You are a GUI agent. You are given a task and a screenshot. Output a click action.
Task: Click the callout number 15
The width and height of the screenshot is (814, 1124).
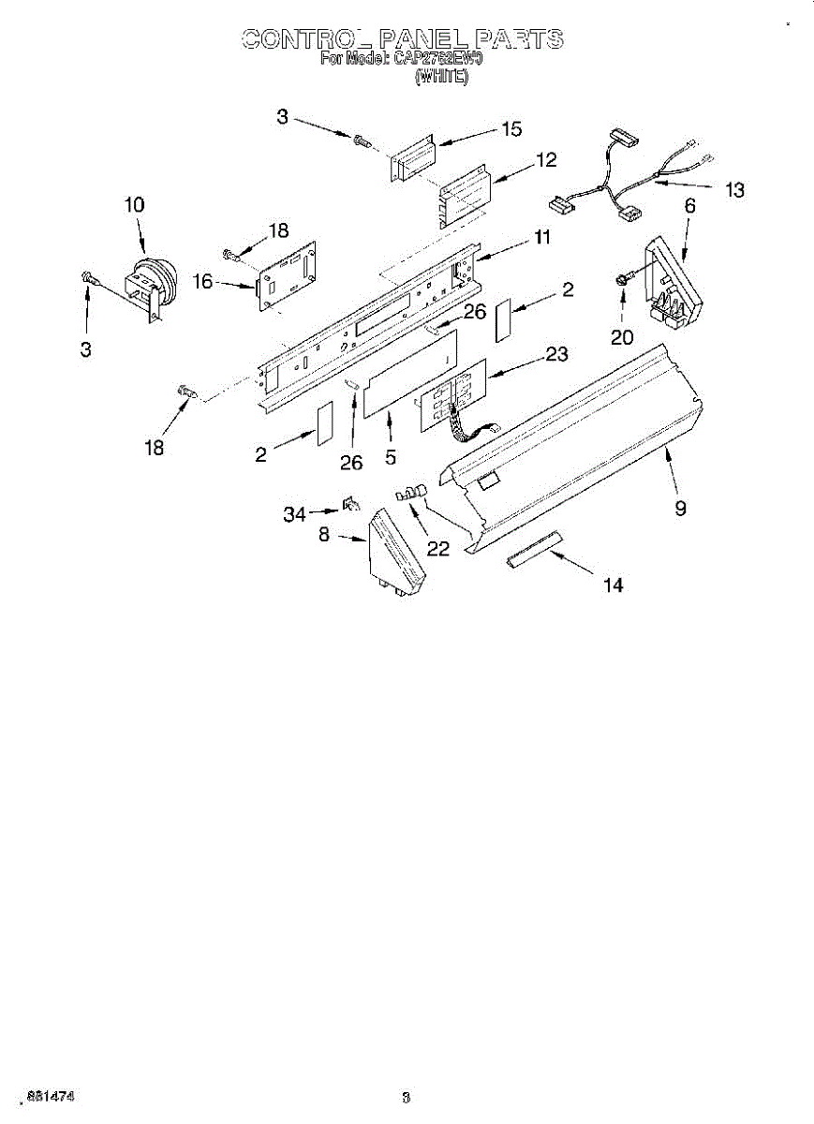[x=511, y=129]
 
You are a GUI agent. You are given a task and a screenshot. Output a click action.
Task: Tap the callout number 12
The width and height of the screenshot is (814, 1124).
[x=546, y=160]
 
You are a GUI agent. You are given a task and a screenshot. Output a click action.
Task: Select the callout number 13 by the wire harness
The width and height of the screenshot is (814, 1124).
[x=734, y=190]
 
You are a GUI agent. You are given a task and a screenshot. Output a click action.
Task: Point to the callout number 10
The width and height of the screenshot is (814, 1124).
[x=134, y=204]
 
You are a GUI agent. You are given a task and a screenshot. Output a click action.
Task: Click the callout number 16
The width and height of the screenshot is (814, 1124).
[x=203, y=278]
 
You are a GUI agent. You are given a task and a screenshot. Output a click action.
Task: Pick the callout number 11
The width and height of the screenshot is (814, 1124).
[x=541, y=237]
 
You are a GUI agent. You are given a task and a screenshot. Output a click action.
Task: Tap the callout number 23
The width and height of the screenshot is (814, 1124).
[x=556, y=355]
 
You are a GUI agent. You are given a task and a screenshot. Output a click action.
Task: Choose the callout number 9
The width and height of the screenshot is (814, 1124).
[x=681, y=508]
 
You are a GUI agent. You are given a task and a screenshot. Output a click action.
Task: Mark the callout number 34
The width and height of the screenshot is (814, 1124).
[x=294, y=513]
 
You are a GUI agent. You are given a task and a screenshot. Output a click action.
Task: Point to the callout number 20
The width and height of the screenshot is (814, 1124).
[x=622, y=336]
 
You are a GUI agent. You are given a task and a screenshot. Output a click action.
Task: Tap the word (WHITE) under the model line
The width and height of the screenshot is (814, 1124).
[x=440, y=79]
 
